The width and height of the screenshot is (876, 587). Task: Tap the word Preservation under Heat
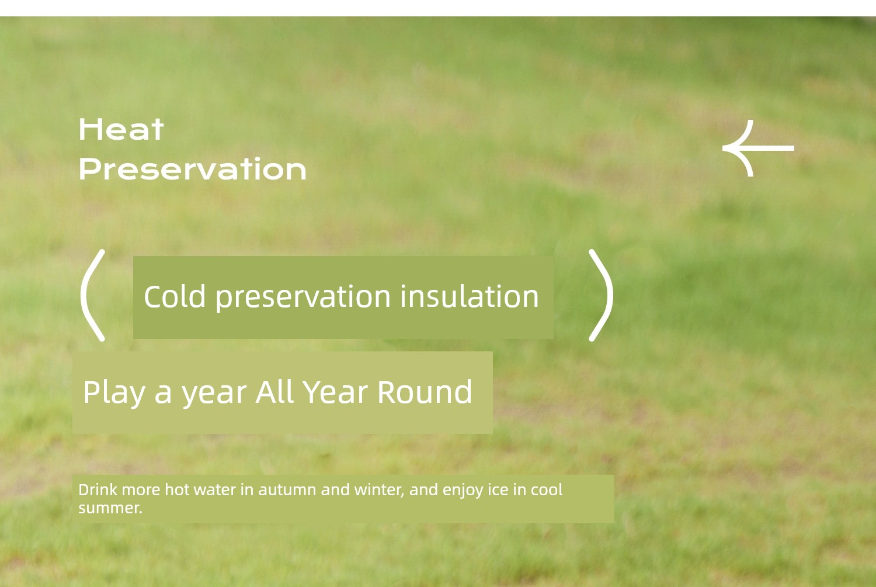[x=192, y=169]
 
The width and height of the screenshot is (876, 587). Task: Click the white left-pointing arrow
[x=758, y=148]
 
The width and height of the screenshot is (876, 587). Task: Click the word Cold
[x=175, y=296]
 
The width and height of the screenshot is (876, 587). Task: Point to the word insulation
[x=470, y=296]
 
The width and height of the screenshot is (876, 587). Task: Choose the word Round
[x=425, y=391]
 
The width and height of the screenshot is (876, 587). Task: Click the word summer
[x=110, y=509]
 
